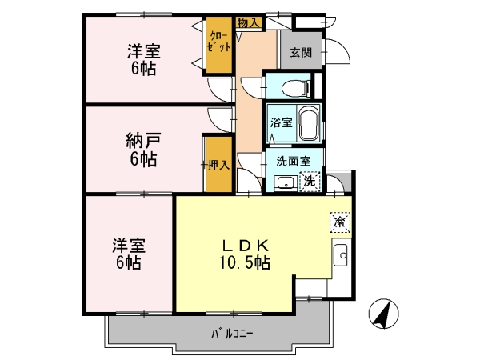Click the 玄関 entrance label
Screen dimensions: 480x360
click(x=301, y=53)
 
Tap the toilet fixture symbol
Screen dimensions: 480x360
click(x=296, y=88)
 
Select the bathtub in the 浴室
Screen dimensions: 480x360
click(x=309, y=123)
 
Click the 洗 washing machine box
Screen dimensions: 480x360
click(x=310, y=182)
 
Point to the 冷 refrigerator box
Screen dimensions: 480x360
click(x=340, y=222)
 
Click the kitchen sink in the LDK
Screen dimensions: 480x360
click(x=341, y=255)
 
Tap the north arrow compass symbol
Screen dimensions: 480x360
click(x=384, y=314)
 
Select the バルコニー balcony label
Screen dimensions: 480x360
click(x=232, y=334)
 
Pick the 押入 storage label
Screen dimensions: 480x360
click(x=218, y=165)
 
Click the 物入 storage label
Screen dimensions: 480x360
click(x=249, y=22)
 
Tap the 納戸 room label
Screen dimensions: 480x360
click(x=143, y=141)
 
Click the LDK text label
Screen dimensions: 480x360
click(x=246, y=246)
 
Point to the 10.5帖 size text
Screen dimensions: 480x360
click(x=245, y=262)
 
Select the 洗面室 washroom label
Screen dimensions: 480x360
click(x=294, y=161)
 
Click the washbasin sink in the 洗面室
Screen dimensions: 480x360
click(x=286, y=183)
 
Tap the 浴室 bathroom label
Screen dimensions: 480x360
click(x=281, y=123)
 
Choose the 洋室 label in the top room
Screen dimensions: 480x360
click(x=144, y=51)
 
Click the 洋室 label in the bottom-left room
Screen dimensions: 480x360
click(x=129, y=246)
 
